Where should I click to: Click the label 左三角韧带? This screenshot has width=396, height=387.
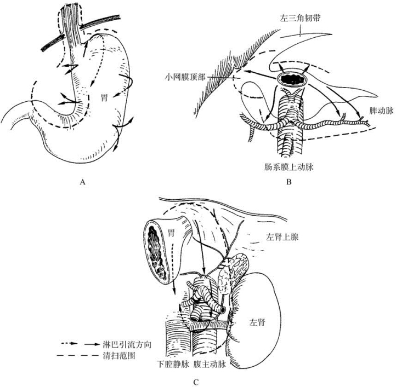[300, 18]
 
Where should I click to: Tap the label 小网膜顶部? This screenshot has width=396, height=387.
[185, 77]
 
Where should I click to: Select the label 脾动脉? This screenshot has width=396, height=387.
[382, 111]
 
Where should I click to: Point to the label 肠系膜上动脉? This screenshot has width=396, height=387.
[289, 167]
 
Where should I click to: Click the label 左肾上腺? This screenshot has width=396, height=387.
[282, 237]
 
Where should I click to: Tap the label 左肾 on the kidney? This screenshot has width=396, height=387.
[257, 322]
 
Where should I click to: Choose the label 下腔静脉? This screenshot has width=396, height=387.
[173, 365]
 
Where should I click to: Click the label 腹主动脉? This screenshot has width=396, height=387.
[210, 365]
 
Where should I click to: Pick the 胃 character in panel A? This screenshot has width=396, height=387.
[104, 97]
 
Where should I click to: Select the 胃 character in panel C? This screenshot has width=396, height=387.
[171, 233]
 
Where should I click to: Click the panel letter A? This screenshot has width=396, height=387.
[82, 182]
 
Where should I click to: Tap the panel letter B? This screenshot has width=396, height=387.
[289, 182]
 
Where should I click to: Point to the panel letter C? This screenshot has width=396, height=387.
[196, 382]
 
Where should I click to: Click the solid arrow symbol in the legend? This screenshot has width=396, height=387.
[92, 344]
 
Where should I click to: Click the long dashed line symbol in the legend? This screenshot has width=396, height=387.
[77, 355]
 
